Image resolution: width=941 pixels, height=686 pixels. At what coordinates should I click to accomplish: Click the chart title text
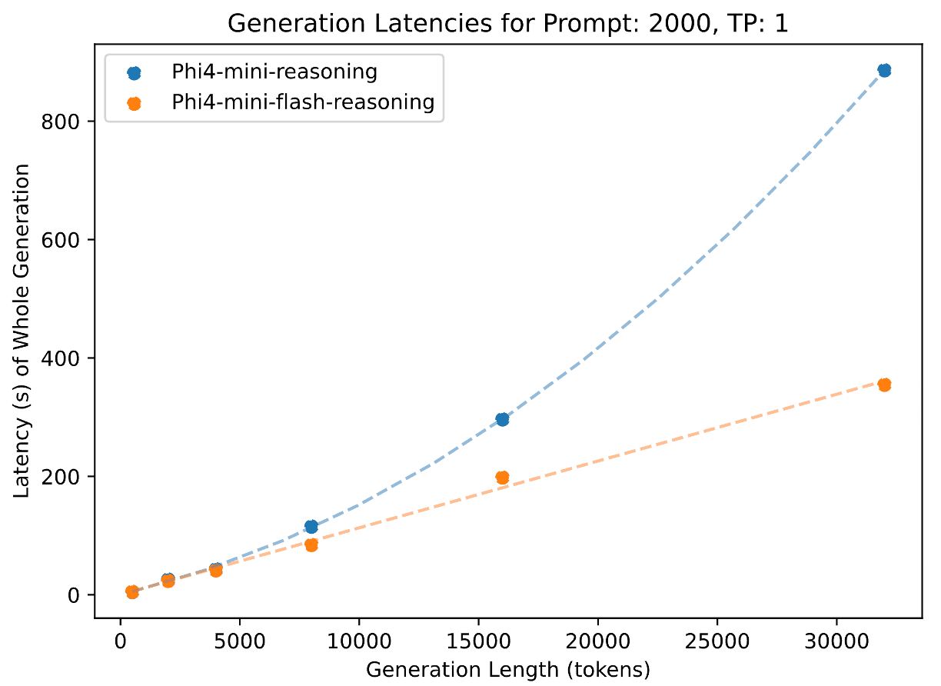[508, 24]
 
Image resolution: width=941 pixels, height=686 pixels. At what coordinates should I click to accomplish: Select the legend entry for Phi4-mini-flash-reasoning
[303, 102]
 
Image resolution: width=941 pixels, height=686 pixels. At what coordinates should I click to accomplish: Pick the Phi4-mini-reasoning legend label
[274, 73]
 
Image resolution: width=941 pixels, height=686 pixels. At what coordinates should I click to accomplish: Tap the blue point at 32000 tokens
[884, 70]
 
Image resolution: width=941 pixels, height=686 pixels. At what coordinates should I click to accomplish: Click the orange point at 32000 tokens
[884, 384]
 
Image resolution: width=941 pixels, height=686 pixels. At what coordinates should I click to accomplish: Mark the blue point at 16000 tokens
[502, 419]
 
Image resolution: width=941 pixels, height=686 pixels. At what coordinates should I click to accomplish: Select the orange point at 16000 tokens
[502, 478]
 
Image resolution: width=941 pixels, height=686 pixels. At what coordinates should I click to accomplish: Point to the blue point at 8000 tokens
[311, 527]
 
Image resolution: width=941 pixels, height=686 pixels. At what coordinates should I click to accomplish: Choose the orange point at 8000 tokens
[311, 544]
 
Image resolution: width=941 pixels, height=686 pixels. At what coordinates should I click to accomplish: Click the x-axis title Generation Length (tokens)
[508, 669]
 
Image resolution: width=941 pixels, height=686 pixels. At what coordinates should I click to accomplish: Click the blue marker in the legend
[134, 73]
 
